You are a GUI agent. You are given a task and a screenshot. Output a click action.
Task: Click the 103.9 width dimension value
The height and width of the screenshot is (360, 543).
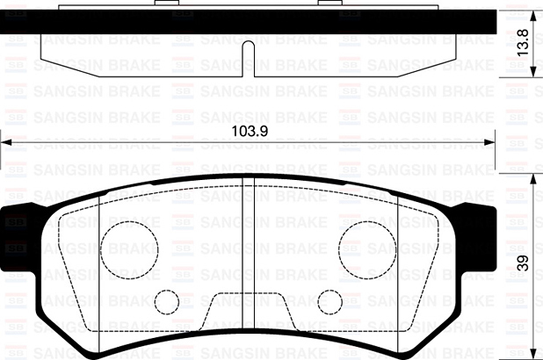tap(249, 131)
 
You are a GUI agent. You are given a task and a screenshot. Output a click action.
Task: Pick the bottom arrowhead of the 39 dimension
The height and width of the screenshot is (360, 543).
tap(532, 354)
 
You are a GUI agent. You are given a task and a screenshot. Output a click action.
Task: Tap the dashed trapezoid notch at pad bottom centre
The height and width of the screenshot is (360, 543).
tap(248, 312)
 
